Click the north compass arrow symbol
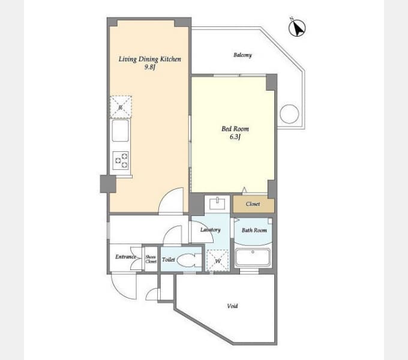(x=297, y=28)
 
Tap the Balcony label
(x=242, y=55)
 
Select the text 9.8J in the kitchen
(x=150, y=67)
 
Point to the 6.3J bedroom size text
(x=235, y=137)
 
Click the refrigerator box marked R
(x=121, y=107)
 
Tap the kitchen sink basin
(x=120, y=131)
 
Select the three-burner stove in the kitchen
(x=121, y=160)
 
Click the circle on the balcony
(x=289, y=114)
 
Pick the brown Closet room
(x=253, y=204)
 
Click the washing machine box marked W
(x=218, y=260)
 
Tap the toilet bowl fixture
(x=190, y=260)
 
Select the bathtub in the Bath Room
(x=253, y=257)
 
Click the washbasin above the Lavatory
(x=217, y=203)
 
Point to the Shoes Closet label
(x=151, y=259)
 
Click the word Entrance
(x=125, y=257)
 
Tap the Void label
(x=232, y=306)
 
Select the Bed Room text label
(x=235, y=129)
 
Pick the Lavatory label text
(x=211, y=230)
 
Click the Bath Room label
(x=254, y=230)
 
